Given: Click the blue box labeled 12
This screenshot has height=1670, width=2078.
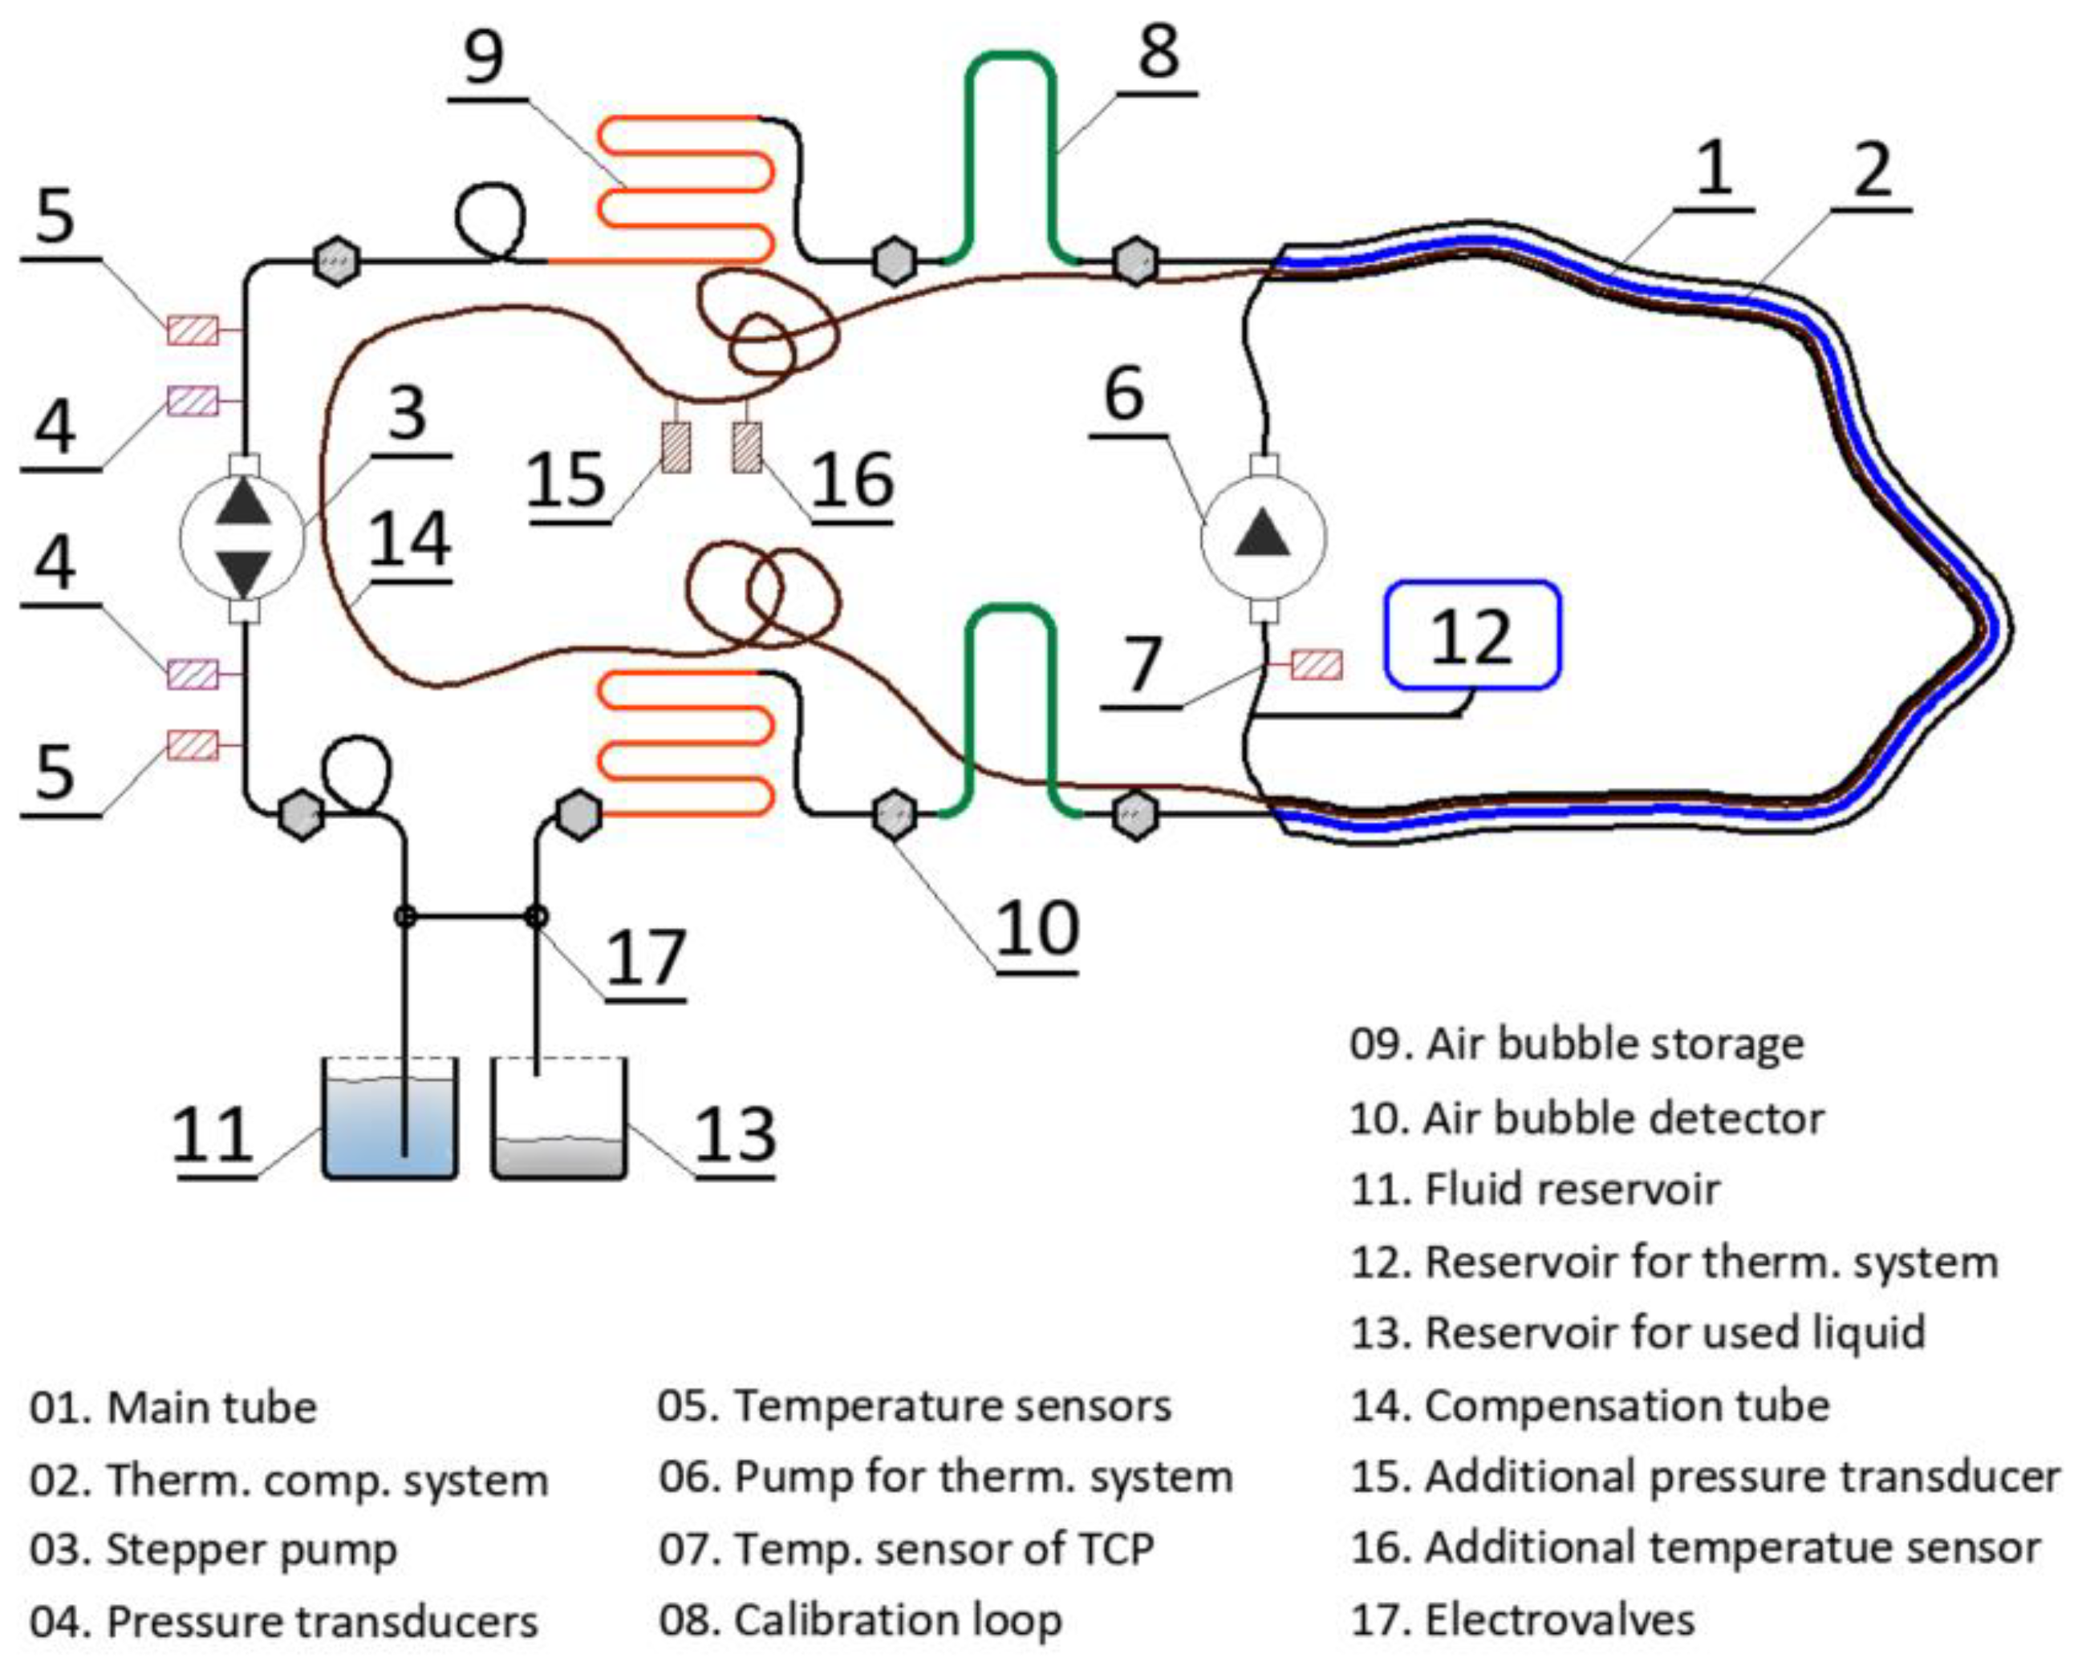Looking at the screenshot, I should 1471,635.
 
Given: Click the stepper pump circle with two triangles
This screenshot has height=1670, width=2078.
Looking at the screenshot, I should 243,537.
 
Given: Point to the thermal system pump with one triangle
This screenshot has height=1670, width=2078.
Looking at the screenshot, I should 1263,537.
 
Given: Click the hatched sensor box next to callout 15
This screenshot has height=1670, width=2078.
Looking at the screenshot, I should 676,448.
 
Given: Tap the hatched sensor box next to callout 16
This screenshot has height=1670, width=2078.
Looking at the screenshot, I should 746,448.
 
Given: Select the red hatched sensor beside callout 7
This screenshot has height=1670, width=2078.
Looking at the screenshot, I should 1316,665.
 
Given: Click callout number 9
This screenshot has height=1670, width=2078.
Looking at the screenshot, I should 484,58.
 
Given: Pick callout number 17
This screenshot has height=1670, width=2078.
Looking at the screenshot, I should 646,959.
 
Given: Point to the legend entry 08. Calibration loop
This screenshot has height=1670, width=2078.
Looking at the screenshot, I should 860,1620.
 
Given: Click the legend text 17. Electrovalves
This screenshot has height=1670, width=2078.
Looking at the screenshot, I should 1522,1620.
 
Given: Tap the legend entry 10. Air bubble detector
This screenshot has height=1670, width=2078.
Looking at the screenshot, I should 1585,1118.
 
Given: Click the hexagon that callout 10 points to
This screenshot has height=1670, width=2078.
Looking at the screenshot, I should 894,815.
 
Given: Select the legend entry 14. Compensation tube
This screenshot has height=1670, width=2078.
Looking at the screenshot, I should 1589,1405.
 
